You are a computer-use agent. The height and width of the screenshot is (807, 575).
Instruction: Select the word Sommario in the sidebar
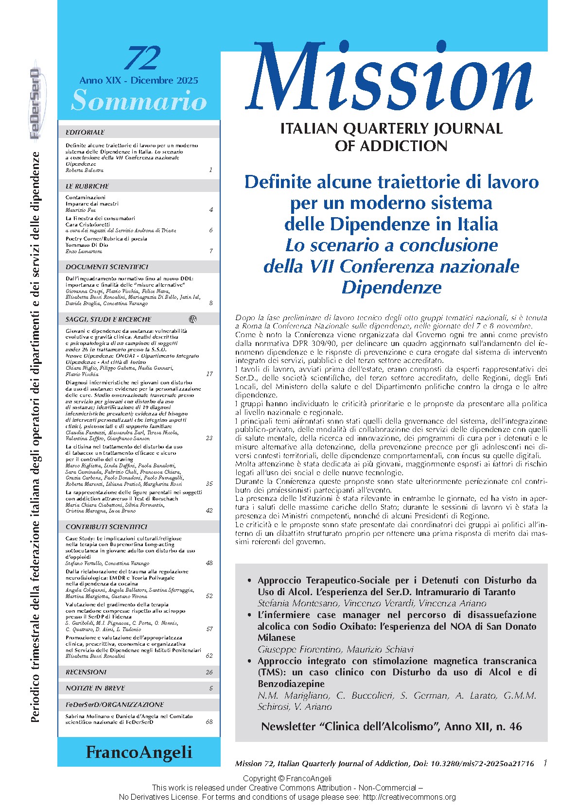point(139,101)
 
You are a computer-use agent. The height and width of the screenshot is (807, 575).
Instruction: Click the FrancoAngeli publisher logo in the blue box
point(139,752)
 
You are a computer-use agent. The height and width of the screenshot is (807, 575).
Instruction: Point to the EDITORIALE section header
point(85,132)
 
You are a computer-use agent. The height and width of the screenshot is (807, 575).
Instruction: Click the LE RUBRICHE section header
point(87,186)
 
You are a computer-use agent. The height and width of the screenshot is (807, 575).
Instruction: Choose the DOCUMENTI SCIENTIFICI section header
point(107,267)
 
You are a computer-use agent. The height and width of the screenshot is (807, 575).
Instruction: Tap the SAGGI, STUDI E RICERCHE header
point(108,319)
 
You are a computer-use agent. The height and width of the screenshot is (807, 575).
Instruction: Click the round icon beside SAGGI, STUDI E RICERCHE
point(192,319)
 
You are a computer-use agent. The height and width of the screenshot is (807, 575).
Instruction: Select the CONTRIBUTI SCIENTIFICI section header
point(106,527)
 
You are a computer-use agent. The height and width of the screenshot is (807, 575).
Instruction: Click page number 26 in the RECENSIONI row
point(209,672)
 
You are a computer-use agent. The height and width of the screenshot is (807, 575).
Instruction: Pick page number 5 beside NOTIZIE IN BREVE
point(211,688)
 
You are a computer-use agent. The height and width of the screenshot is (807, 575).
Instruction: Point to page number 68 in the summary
point(209,722)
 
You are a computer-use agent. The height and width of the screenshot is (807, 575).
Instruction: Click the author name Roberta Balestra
point(85,171)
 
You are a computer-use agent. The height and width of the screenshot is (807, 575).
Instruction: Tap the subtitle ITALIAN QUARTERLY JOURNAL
point(391,129)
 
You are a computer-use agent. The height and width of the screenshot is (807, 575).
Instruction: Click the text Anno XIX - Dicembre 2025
point(139,81)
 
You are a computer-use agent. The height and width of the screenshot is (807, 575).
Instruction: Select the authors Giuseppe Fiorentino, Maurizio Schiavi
point(335,650)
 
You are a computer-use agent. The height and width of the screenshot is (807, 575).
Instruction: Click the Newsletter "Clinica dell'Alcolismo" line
point(391,726)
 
